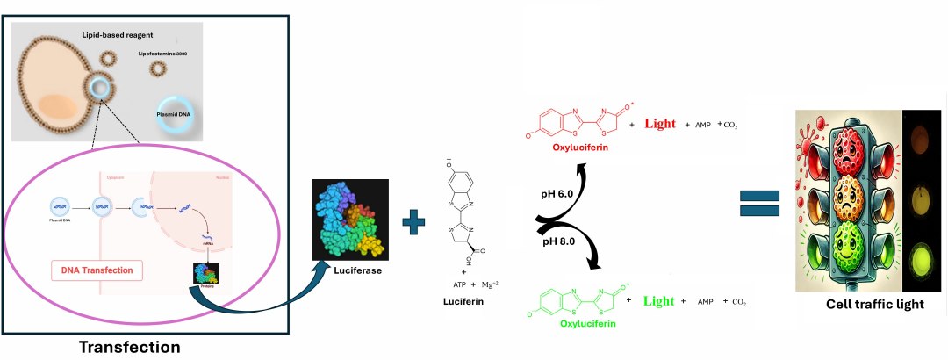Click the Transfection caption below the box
click(x=130, y=346)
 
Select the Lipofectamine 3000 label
click(x=164, y=53)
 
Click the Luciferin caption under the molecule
click(x=464, y=299)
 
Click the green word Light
click(x=658, y=301)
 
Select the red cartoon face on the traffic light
click(x=846, y=144)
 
